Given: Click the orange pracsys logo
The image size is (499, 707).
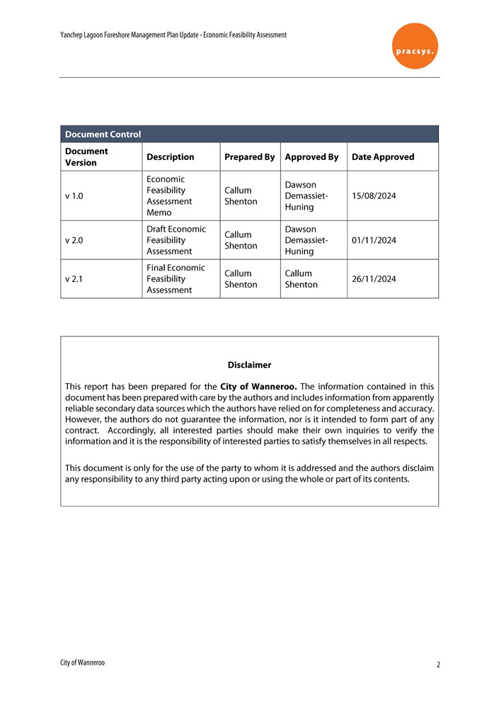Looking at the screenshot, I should click(x=415, y=45).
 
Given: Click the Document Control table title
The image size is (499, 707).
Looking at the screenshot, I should click(x=103, y=134).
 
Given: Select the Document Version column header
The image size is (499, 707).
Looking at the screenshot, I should click(x=86, y=157).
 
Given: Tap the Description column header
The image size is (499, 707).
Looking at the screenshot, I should click(x=170, y=157).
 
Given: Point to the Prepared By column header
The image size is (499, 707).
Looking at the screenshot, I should click(x=249, y=157).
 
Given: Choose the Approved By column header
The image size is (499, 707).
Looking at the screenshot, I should click(x=311, y=157).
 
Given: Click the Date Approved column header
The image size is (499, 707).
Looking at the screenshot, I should click(x=383, y=157).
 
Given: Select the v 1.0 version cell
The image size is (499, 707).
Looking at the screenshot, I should click(x=74, y=196).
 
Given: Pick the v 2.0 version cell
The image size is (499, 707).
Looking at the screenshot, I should click(x=74, y=240).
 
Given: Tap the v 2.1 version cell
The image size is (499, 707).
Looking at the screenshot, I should click(x=74, y=278).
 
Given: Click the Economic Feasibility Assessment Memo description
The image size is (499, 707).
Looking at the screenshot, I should click(x=168, y=196).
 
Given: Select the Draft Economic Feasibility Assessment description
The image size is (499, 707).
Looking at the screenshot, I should click(x=176, y=240).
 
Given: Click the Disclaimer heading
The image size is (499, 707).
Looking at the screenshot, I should click(x=249, y=365).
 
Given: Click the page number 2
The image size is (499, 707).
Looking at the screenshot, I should click(x=438, y=665).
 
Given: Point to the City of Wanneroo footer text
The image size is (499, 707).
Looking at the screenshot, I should click(x=83, y=662).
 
